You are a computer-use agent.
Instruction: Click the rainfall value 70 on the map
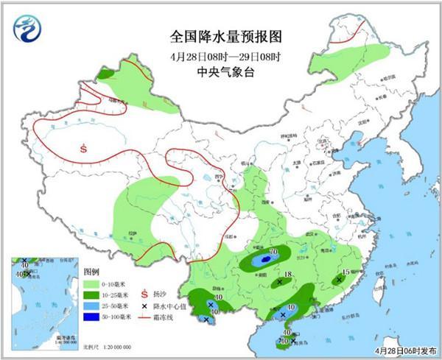[x=273, y=253]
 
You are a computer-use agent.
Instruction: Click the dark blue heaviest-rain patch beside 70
[x=264, y=260]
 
